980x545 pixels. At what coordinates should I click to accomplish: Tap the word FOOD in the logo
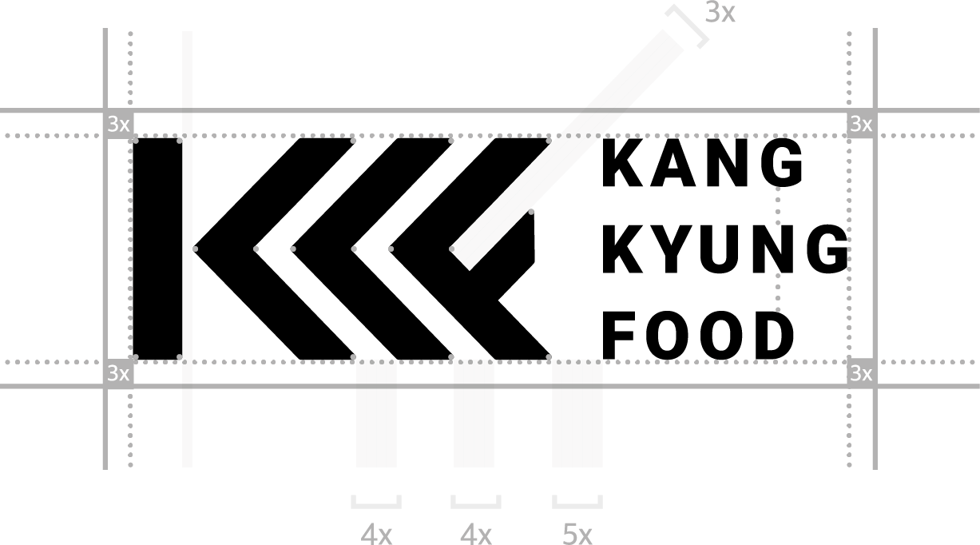point(698,336)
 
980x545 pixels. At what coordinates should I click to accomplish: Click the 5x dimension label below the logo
point(577,534)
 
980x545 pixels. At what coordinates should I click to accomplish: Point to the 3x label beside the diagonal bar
point(720,13)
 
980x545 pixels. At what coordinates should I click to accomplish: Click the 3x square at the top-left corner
point(118,124)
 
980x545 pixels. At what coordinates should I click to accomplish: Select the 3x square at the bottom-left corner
point(118,373)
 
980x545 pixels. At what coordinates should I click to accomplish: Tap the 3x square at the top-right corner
point(861,124)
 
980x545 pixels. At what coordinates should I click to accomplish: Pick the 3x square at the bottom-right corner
point(861,373)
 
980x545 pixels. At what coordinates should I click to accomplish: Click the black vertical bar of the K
point(157,249)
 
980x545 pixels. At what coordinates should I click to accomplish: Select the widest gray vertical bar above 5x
point(577,413)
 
